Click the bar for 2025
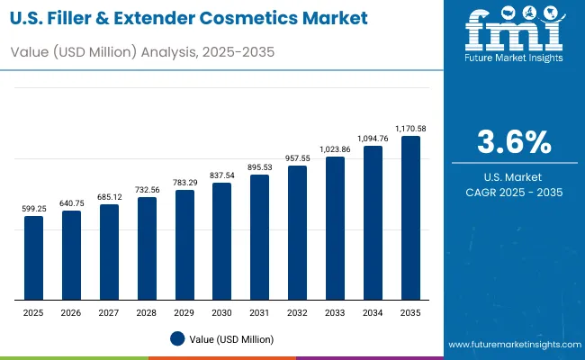[x=33, y=258]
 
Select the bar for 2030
[x=221, y=242]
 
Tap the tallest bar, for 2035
[x=410, y=219]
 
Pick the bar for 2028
[x=147, y=249]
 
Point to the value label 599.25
[x=33, y=209]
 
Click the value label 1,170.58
[x=410, y=129]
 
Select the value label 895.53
[x=259, y=167]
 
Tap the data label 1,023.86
[x=335, y=149]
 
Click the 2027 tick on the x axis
[x=109, y=311]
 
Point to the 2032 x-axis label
[x=297, y=311]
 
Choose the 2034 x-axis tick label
[x=373, y=311]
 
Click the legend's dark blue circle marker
[x=177, y=338]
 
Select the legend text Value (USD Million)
[x=232, y=338]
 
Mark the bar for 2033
[x=335, y=229]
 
